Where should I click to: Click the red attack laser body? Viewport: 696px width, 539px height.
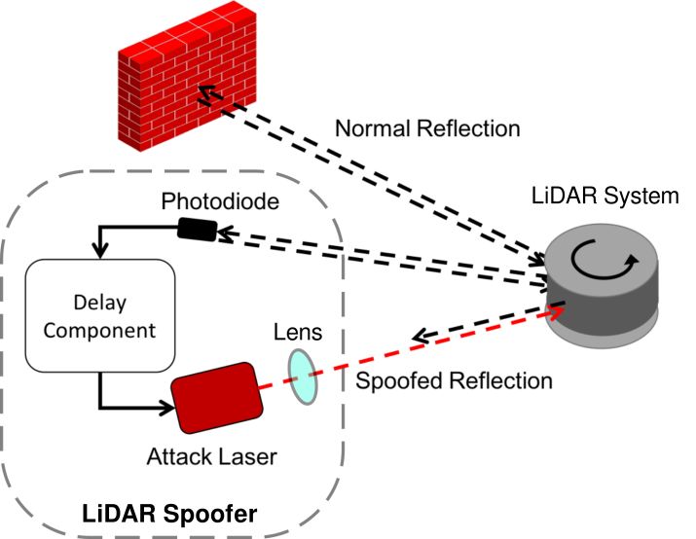tap(215, 399)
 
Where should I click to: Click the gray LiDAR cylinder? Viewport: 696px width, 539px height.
tap(602, 292)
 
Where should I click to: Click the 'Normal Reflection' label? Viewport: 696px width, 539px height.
tap(426, 128)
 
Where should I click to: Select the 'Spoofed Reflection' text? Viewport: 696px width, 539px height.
tap(453, 380)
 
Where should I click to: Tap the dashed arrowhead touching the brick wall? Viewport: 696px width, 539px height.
tap(205, 94)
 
